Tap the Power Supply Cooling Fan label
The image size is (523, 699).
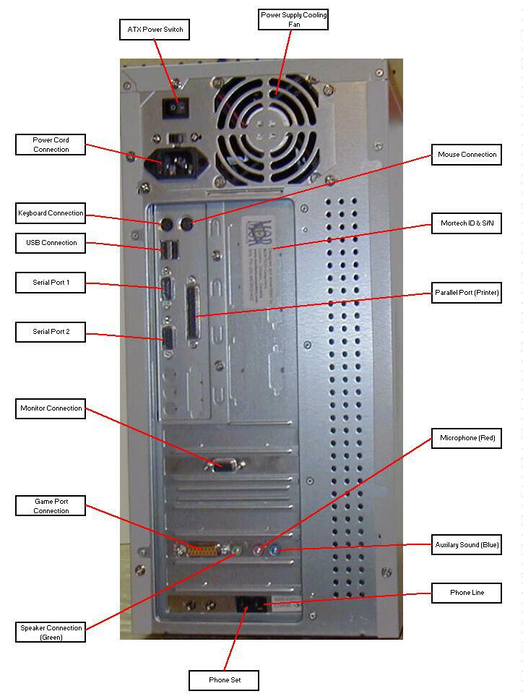pyautogui.click(x=293, y=20)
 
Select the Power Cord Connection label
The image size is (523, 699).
pyautogui.click(x=51, y=145)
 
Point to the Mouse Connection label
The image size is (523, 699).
pyautogui.click(x=467, y=155)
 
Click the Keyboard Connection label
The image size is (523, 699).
pyautogui.click(x=51, y=213)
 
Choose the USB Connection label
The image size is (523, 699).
pyautogui.click(x=51, y=243)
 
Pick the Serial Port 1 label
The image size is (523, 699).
pyautogui.click(x=51, y=283)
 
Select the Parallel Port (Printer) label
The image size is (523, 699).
pyautogui.click(x=467, y=293)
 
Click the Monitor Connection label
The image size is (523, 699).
pyautogui.click(x=51, y=408)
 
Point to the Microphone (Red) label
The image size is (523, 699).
pyautogui.click(x=467, y=438)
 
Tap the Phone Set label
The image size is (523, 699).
pyautogui.click(x=224, y=681)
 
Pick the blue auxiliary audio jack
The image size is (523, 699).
pyautogui.click(x=274, y=550)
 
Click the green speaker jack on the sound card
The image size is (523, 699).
pyautogui.click(x=236, y=550)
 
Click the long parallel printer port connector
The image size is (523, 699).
pyautogui.click(x=192, y=311)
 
